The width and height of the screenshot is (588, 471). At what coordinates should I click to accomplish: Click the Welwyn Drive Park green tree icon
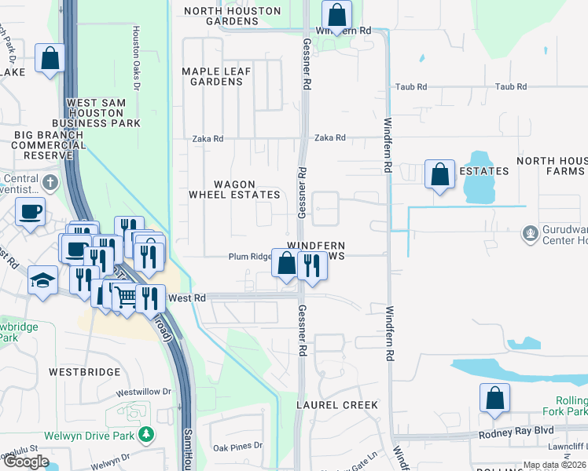click(145, 434)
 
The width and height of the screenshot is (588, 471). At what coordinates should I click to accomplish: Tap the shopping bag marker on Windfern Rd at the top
click(336, 15)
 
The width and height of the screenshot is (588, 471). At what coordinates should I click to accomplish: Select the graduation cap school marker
click(42, 280)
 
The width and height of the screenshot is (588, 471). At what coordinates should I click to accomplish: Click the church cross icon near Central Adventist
click(50, 184)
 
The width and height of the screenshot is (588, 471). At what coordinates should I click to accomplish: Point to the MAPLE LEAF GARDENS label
click(216, 76)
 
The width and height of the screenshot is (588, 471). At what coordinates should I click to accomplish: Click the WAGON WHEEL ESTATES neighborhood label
click(234, 189)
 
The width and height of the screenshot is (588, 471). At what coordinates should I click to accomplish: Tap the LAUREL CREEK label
click(336, 405)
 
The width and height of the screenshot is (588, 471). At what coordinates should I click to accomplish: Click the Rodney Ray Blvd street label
click(516, 432)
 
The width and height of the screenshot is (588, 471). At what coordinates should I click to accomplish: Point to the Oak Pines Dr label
click(237, 447)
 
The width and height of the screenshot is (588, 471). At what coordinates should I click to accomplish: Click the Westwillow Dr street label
click(143, 391)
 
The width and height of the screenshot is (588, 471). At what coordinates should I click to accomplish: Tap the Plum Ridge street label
click(249, 257)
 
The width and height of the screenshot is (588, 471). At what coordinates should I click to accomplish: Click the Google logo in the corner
click(25, 462)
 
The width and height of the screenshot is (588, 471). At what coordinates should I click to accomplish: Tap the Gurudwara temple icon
click(531, 233)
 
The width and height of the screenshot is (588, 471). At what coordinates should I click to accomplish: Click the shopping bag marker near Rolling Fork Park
click(494, 398)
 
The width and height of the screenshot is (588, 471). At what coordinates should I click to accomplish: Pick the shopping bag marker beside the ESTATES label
click(439, 174)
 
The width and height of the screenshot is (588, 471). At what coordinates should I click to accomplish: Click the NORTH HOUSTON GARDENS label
click(232, 16)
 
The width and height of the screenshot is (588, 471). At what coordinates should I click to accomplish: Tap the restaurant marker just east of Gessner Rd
click(312, 265)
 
